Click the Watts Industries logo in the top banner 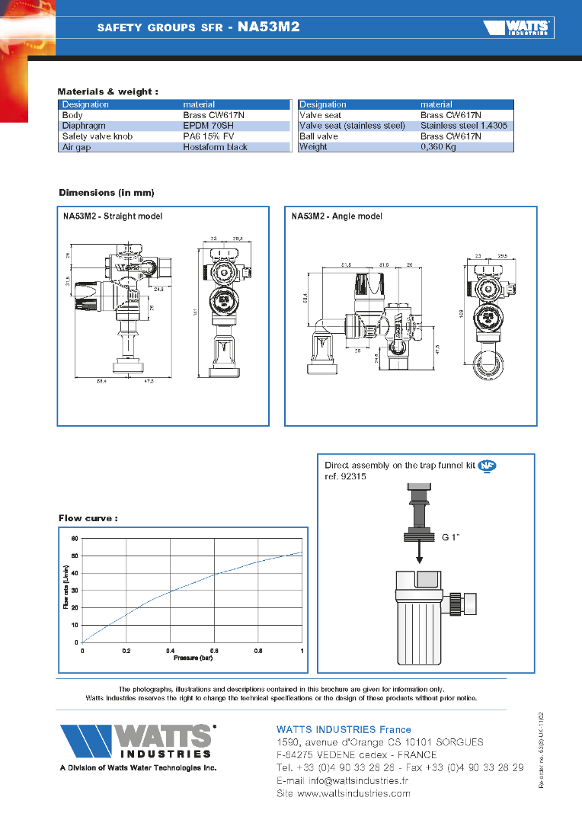coord(518,28)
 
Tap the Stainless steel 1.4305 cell coord(463,126)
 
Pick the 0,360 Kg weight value coord(438,147)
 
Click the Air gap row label coord(76,147)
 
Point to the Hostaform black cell coord(215,147)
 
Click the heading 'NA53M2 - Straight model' coord(113,216)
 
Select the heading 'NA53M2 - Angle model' coord(337,216)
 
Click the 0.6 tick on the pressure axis coord(215,650)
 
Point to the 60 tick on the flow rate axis coord(75,539)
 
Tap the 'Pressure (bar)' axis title coord(192,657)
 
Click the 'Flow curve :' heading coord(88,518)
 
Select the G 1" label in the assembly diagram coord(452,536)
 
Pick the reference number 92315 coord(350,478)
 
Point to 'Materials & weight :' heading coord(108,91)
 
